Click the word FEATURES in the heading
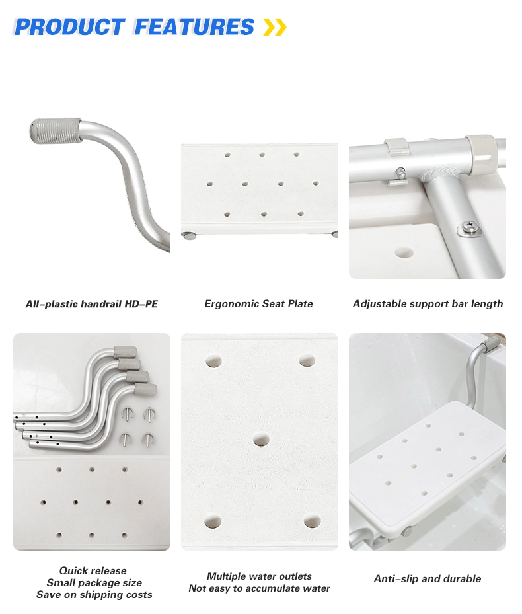tap(194, 26)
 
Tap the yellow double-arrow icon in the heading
tap(274, 27)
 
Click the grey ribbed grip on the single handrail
tap(56, 130)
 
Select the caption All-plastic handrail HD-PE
tap(92, 304)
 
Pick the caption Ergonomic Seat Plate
tap(259, 304)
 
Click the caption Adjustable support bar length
tap(428, 304)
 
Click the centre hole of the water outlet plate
tap(260, 440)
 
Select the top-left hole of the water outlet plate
tap(213, 362)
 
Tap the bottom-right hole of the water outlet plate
tap(312, 521)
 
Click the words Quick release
tap(93, 570)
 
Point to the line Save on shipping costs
tap(94, 595)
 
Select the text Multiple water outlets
tap(259, 576)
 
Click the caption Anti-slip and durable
tap(428, 579)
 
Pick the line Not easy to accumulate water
tap(259, 588)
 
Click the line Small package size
tap(94, 583)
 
